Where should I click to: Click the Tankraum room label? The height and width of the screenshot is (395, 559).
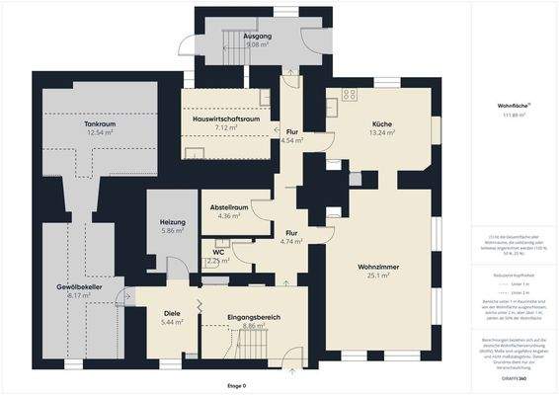pyautogui.click(x=96, y=123)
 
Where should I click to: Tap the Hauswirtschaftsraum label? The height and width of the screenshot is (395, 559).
pyautogui.click(x=226, y=118)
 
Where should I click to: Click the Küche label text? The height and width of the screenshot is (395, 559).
pyautogui.click(x=382, y=122)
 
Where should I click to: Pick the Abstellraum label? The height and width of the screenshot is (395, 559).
pyautogui.click(x=227, y=207)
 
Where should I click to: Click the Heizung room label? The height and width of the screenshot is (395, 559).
pyautogui.click(x=172, y=222)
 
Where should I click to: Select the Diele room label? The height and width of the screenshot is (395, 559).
pyautogui.click(x=173, y=314)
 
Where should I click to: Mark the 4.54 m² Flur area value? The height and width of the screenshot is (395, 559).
pyautogui.click(x=291, y=140)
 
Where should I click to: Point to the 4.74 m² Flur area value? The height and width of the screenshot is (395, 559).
pyautogui.click(x=291, y=241)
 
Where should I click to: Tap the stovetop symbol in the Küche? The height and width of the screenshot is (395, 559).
pyautogui.click(x=349, y=95)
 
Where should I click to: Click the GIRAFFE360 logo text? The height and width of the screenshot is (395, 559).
pyautogui.click(x=513, y=379)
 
